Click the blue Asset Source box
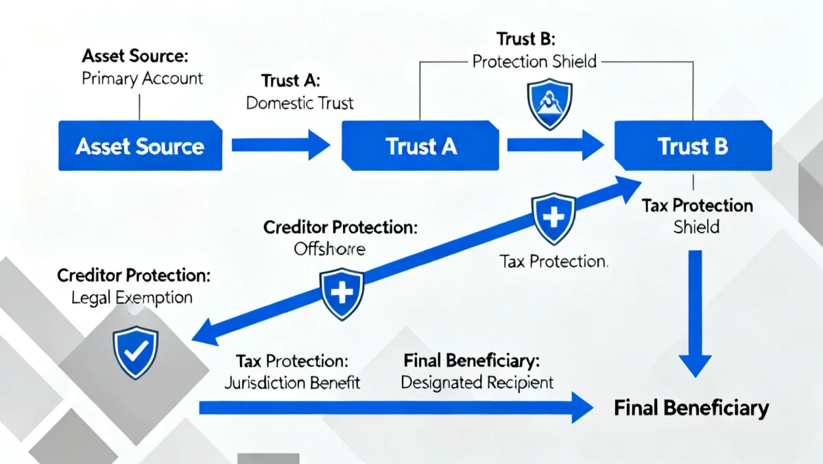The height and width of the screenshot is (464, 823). pyautogui.click(x=140, y=146)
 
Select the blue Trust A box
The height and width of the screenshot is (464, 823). pyautogui.click(x=420, y=146)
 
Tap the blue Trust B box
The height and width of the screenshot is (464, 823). pyautogui.click(x=692, y=146)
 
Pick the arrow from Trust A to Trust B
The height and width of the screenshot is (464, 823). pyautogui.click(x=554, y=145)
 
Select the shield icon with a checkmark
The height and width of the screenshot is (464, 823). pyautogui.click(x=135, y=351)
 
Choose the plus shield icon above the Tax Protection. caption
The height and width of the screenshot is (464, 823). pyautogui.click(x=553, y=219)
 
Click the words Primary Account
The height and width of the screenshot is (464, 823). pyautogui.click(x=142, y=78)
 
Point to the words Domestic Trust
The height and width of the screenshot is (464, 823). pyautogui.click(x=300, y=104)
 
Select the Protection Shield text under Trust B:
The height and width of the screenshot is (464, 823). pyautogui.click(x=534, y=61)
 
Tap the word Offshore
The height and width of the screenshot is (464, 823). pyautogui.click(x=329, y=249)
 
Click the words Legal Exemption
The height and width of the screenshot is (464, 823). pyautogui.click(x=132, y=298)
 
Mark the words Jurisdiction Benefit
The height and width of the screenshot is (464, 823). pyautogui.click(x=292, y=382)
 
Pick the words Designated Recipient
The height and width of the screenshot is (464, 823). pyautogui.click(x=477, y=382)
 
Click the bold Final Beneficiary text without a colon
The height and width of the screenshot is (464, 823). pyautogui.click(x=691, y=408)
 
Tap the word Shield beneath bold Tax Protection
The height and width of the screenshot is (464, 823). pyautogui.click(x=696, y=227)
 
